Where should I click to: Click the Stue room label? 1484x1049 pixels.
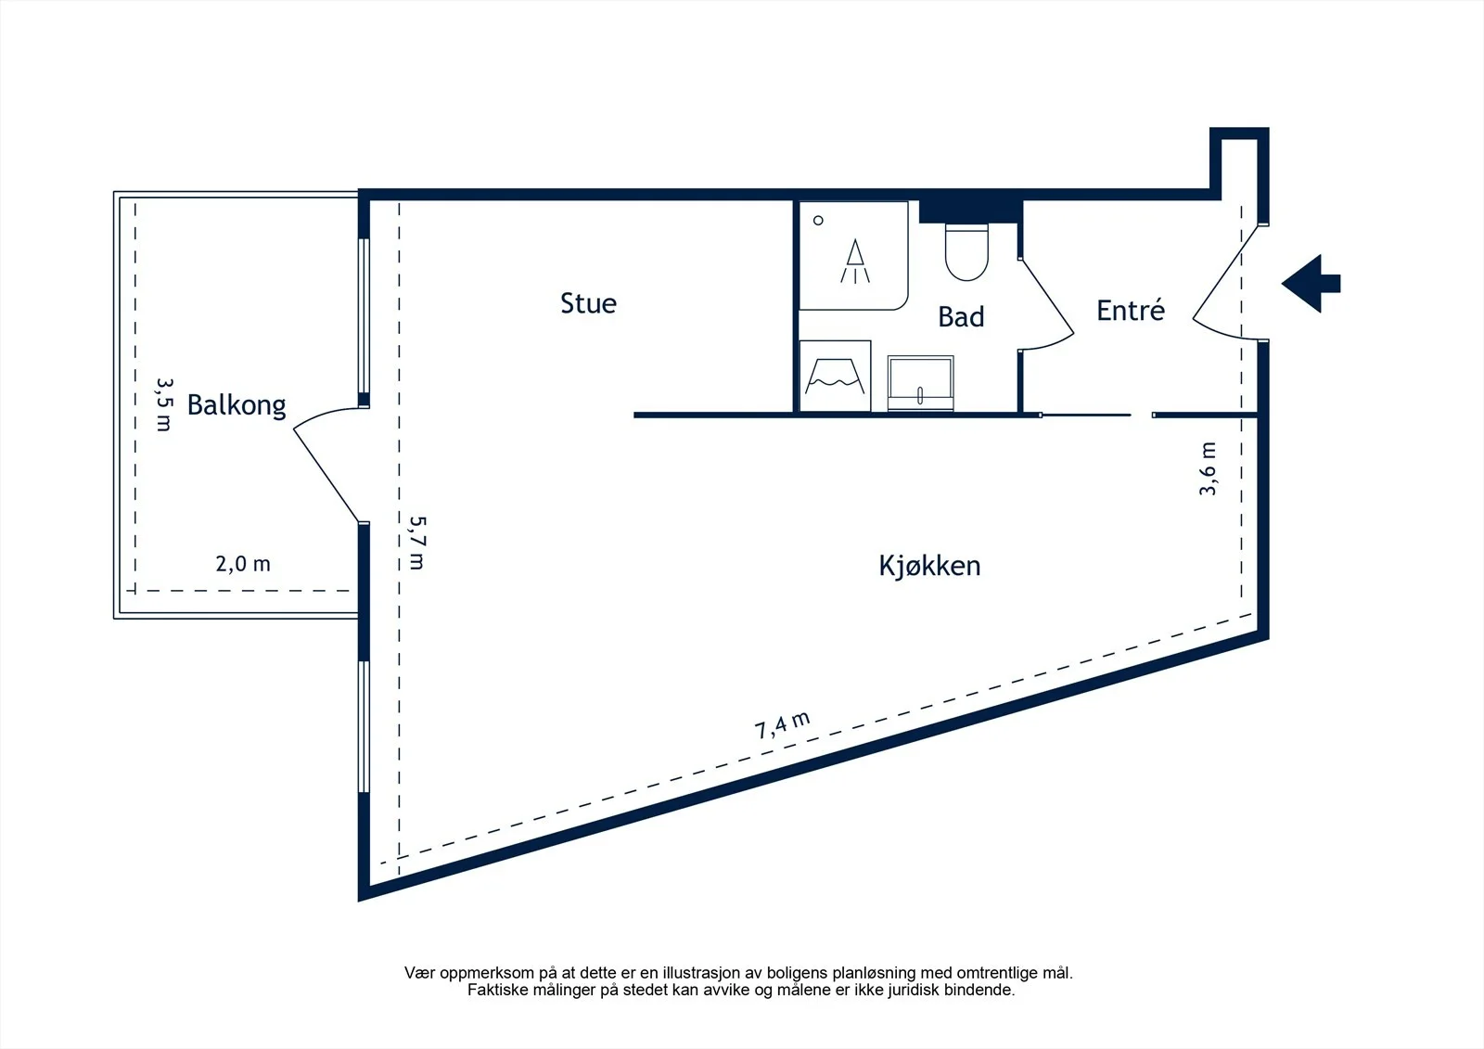(x=588, y=303)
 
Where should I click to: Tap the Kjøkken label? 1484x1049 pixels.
(x=929, y=566)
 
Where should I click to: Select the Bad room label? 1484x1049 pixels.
(x=961, y=317)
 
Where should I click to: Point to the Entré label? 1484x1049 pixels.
(x=1131, y=310)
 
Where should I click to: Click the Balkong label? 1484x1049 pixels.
(x=237, y=405)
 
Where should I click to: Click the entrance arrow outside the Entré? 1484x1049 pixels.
(x=1311, y=284)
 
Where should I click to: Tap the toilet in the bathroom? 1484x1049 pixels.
(x=966, y=252)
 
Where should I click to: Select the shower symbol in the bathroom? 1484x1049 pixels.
(x=855, y=261)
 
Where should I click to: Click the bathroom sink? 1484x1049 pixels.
(x=920, y=383)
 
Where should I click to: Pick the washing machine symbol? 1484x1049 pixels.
(x=835, y=376)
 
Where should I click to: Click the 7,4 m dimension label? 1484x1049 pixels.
(x=783, y=725)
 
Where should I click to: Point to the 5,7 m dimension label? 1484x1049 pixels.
(x=417, y=543)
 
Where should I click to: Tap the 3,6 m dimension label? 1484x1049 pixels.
(x=1208, y=468)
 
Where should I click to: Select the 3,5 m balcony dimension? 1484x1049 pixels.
(x=164, y=404)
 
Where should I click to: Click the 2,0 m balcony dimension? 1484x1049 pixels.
(x=243, y=564)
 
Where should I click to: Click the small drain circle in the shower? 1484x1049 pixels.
(x=818, y=221)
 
